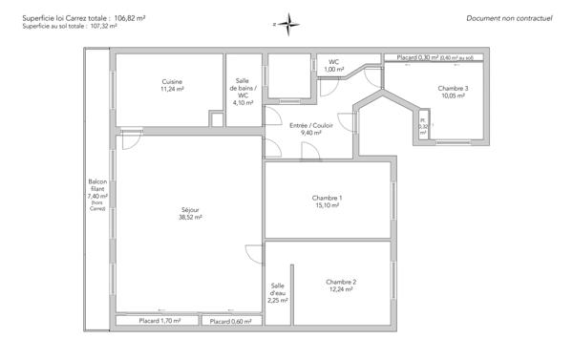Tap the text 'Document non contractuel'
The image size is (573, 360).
509,18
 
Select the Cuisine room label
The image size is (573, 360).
172,81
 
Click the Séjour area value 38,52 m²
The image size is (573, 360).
190,218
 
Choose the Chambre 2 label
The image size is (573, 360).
341,281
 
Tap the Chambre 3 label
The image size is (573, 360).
453,88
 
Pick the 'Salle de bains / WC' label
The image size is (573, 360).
243,90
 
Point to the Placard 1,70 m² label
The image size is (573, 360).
159,322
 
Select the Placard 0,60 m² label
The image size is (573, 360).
231,322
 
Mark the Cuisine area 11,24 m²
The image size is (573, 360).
172,89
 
